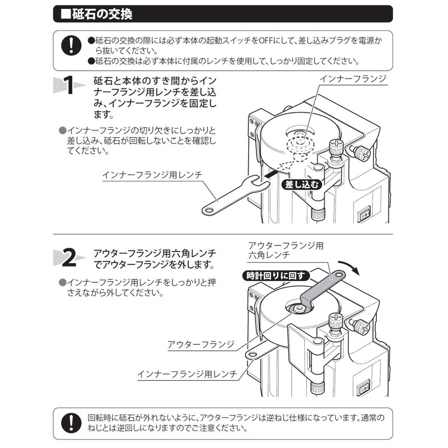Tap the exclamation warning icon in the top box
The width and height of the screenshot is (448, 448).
[x=71, y=45]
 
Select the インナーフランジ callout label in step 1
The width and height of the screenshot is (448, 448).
[x=352, y=78]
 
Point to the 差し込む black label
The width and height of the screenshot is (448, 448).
[x=301, y=183]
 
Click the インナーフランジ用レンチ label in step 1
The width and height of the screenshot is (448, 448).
[x=152, y=175]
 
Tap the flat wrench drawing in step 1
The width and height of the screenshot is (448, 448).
[x=230, y=197]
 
